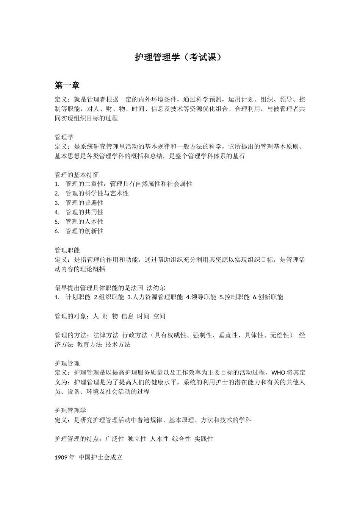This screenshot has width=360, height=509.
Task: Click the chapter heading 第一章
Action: pos(67,86)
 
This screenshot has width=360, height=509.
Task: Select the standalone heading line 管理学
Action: pos(64,137)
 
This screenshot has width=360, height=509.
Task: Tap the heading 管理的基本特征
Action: pos(77,175)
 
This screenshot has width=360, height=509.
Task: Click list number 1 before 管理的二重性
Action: pos(57,184)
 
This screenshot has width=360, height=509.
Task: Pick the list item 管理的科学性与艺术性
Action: pos(97,194)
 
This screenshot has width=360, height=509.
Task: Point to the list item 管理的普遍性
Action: pos(85,203)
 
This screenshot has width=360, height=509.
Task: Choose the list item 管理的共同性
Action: pos(85,212)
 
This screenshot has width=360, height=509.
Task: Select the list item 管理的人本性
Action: pos(85,222)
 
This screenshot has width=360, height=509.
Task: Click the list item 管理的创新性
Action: pos(85,231)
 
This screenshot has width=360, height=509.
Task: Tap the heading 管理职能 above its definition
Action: pos(67,250)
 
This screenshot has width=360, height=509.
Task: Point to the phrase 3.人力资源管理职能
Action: pos(155,297)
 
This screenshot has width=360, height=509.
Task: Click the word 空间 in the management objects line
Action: pos(159,316)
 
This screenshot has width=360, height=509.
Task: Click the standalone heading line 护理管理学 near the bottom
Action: pos(70,411)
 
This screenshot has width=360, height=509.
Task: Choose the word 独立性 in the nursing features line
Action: pos(137,439)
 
